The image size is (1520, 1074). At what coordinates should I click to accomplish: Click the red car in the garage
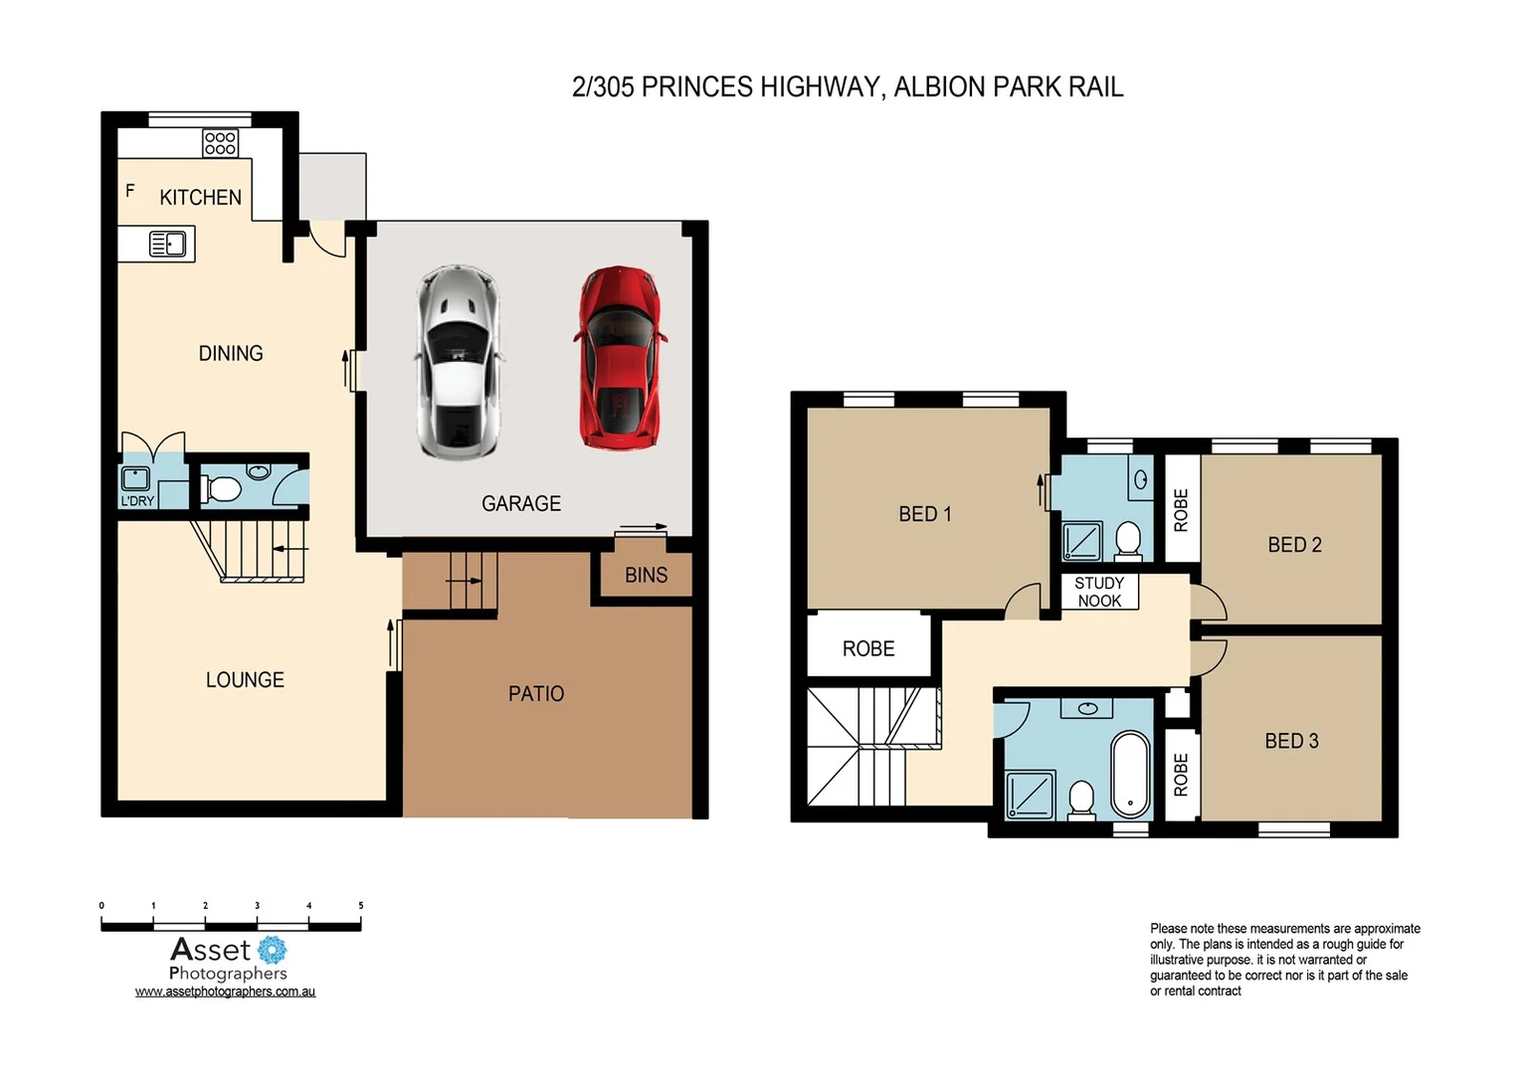[x=619, y=358]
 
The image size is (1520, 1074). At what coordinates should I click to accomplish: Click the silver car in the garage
[x=458, y=363]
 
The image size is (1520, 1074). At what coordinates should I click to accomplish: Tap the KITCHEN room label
[x=200, y=198]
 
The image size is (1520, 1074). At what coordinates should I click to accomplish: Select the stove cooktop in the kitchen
[x=220, y=143]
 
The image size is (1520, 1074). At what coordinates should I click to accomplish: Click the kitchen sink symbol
[x=167, y=244]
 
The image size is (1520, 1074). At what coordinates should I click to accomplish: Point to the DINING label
[x=231, y=354]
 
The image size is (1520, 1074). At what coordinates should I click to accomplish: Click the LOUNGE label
[x=245, y=680]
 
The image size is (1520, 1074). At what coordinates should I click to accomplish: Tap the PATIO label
[x=536, y=694]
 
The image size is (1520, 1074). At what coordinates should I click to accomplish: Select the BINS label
[x=646, y=576]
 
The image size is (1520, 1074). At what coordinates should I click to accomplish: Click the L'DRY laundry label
[x=137, y=501]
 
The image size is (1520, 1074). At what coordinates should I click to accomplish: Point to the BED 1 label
[x=924, y=514]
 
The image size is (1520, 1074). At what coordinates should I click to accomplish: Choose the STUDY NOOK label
[x=1099, y=592]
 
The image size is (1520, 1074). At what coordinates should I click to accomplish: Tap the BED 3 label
[x=1291, y=741]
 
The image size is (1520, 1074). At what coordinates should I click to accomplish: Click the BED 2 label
[x=1294, y=545]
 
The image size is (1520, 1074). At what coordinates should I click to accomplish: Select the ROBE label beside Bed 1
[x=868, y=649]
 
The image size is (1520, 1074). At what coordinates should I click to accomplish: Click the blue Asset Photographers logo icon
[x=272, y=950]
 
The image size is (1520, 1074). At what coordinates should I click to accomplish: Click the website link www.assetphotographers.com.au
[x=225, y=991]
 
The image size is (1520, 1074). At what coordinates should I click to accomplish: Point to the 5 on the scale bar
[x=360, y=906]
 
